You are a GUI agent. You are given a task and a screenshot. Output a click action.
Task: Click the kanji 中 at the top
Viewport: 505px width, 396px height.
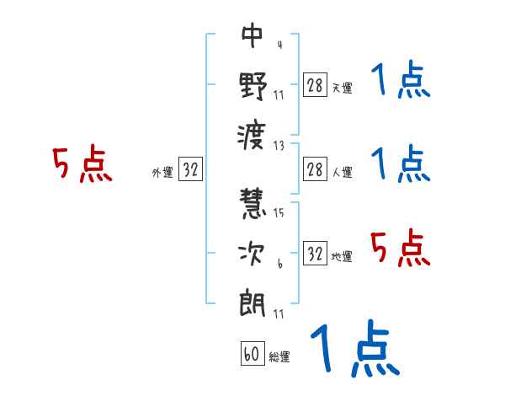[252, 37]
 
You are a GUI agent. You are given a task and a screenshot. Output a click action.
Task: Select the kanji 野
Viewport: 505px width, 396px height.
[252, 87]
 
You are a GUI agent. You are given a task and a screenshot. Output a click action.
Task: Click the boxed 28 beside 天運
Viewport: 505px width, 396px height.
[315, 86]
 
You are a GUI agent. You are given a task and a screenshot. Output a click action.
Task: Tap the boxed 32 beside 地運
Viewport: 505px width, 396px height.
[315, 254]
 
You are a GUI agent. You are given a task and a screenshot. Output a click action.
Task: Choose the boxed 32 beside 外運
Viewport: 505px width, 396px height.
[191, 170]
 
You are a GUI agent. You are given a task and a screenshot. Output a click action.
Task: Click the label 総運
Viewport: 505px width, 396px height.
[279, 357]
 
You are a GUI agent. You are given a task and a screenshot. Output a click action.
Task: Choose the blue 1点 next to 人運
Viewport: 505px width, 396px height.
[401, 163]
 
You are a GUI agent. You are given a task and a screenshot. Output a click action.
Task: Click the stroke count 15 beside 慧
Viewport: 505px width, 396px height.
[279, 213]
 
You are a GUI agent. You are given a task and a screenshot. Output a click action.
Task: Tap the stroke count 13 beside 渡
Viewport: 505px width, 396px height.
[279, 145]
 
